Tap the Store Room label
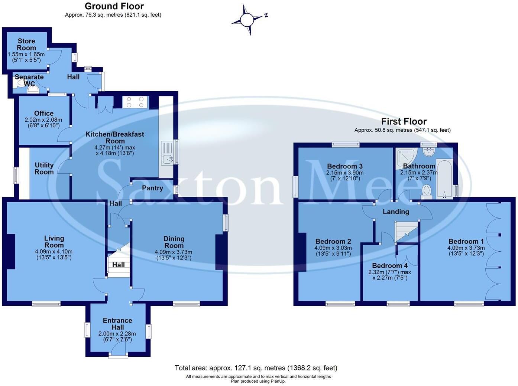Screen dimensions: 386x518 click(26, 45)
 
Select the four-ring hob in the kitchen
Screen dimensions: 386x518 click(135, 102)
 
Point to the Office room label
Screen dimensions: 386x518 click(44, 113)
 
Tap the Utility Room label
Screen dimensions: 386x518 click(44, 169)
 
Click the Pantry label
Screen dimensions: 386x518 click(152, 188)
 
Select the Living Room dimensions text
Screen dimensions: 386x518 click(54, 255)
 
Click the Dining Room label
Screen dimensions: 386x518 click(174, 242)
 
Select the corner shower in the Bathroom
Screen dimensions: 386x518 click(404, 157)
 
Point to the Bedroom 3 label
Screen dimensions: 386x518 click(345, 166)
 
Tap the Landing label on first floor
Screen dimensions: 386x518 click(396, 212)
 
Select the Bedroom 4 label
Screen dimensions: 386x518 click(390, 266)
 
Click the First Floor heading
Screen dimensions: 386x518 click(404, 121)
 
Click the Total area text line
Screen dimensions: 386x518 click(256, 368)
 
